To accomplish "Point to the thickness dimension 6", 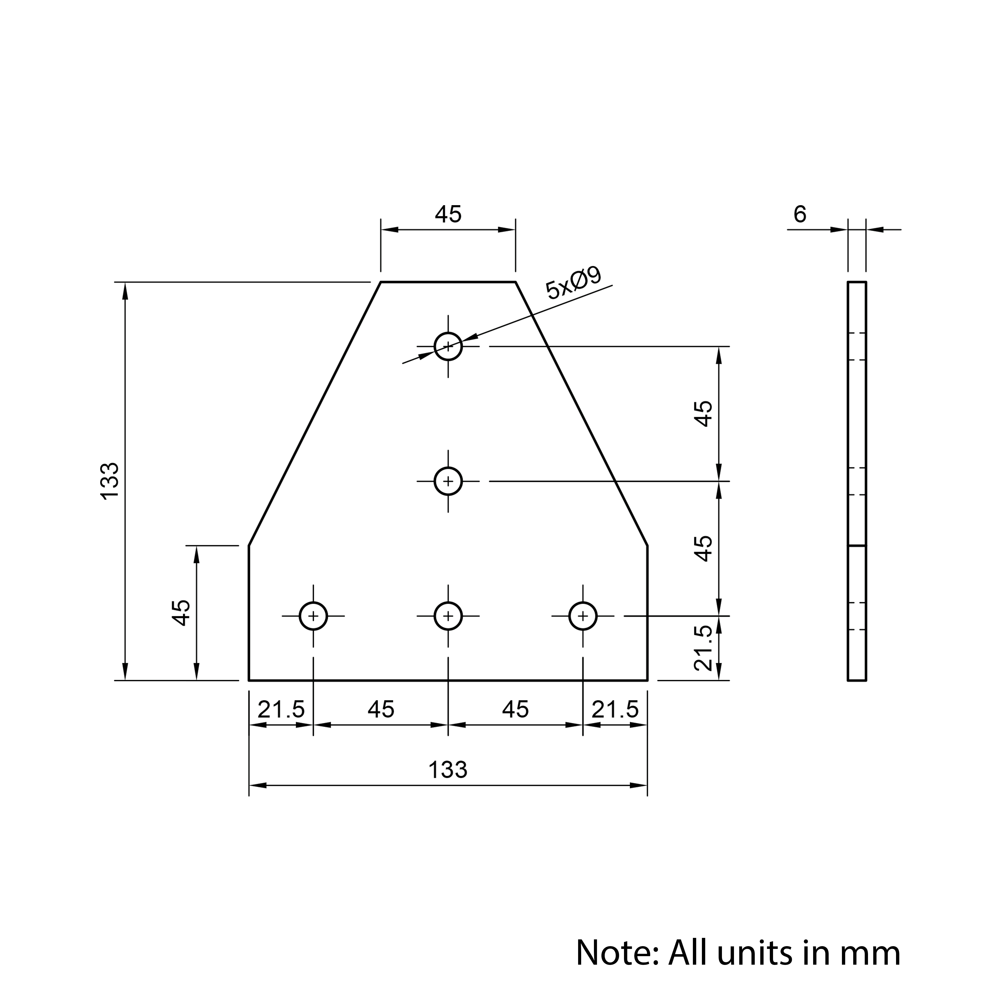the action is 800,214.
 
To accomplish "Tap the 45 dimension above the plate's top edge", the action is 448,214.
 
